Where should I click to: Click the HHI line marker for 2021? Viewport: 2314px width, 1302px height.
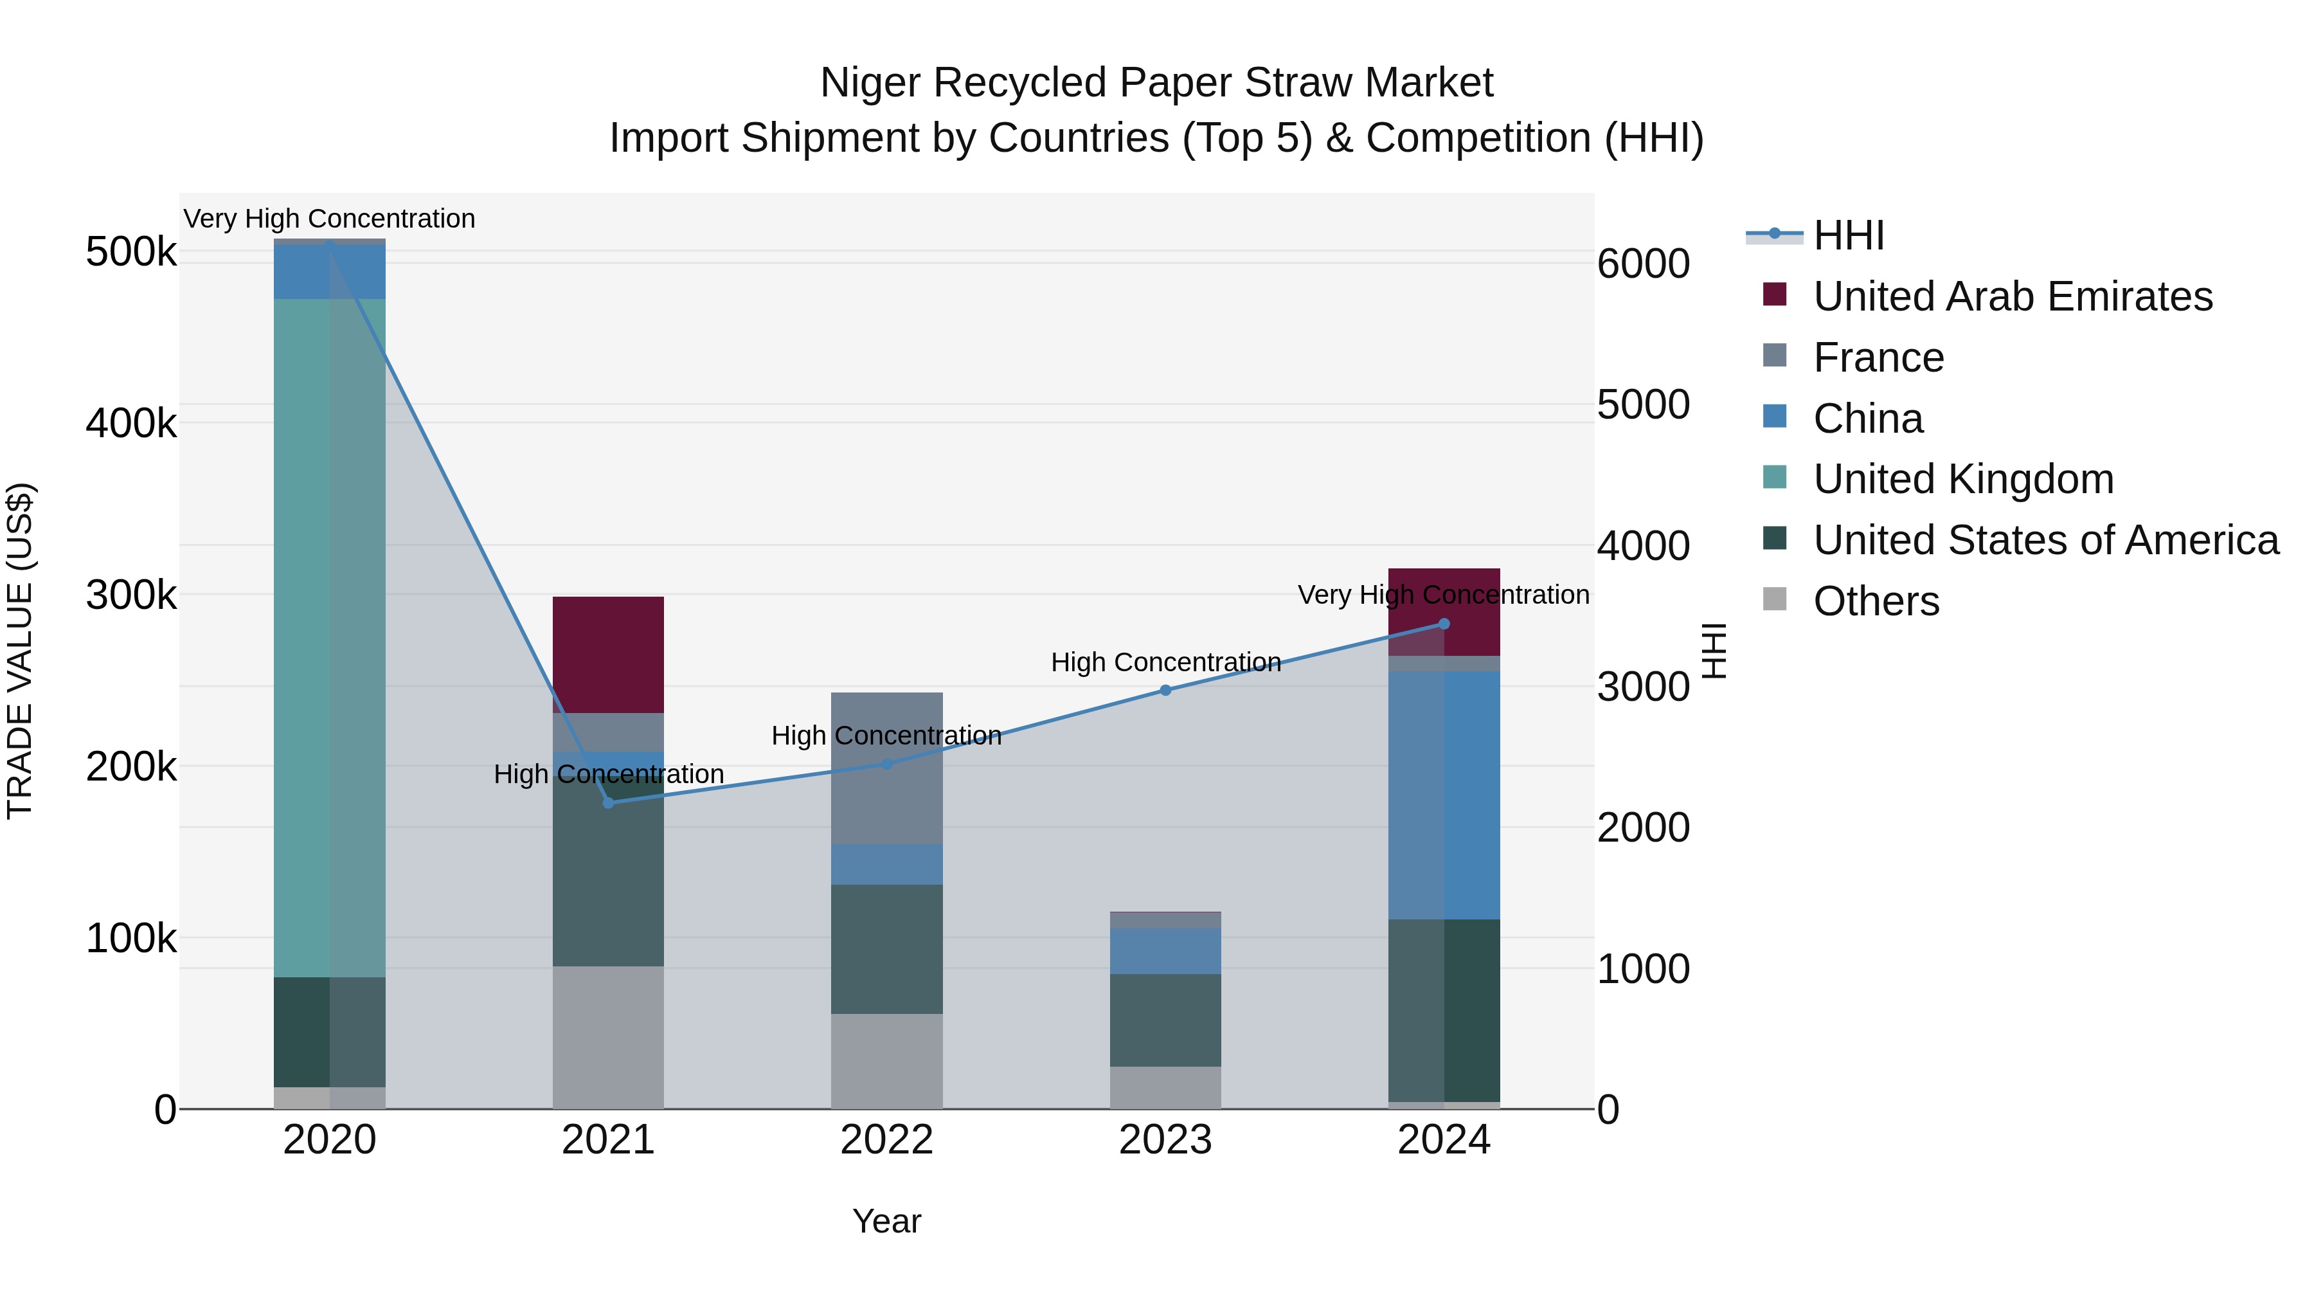pos(608,802)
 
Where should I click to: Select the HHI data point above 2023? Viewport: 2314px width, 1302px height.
pos(1165,690)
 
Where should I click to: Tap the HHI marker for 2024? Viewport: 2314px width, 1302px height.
pos(1444,624)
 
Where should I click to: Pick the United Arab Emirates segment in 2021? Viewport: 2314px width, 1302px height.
pos(608,654)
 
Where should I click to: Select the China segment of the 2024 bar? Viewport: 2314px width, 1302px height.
pos(1444,795)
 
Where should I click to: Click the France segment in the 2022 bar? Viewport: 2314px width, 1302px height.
pos(886,768)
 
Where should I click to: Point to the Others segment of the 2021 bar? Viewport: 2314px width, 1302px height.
pos(608,1037)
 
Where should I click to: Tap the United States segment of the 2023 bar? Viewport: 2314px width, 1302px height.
pos(1165,1020)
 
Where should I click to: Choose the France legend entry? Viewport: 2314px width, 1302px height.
pos(1878,357)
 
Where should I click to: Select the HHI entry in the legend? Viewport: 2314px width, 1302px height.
pos(1849,235)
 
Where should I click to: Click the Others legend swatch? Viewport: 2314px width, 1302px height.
pos(1775,599)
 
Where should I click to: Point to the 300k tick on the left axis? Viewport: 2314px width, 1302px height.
pos(131,595)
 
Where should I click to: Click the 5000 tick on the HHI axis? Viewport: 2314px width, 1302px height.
pos(1643,404)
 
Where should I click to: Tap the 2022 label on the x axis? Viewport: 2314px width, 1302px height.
pos(886,1140)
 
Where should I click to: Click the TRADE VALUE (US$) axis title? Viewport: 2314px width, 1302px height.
pos(20,651)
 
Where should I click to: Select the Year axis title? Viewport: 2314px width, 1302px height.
pos(886,1221)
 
